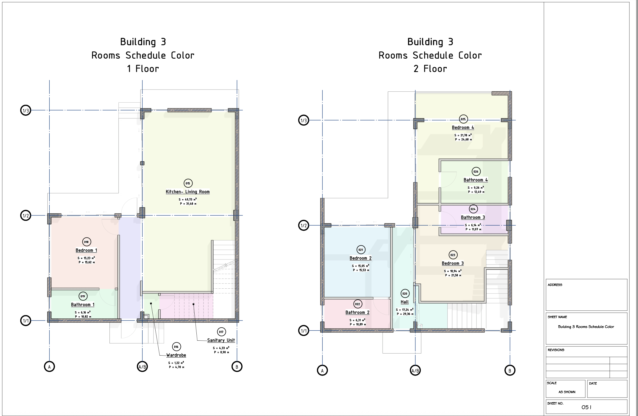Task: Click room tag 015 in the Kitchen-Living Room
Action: [x=188, y=183]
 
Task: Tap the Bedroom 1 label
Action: [x=86, y=251]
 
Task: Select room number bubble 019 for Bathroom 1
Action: [x=83, y=296]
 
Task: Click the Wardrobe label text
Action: [x=176, y=355]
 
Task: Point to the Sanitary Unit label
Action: [x=221, y=340]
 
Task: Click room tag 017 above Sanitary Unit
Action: [x=221, y=332]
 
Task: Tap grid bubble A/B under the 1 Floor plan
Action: [x=142, y=367]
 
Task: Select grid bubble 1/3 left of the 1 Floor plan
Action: [x=26, y=110]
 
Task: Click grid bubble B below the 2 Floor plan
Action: [x=510, y=370]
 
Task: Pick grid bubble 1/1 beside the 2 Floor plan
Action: [x=304, y=331]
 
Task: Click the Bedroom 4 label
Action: [x=463, y=128]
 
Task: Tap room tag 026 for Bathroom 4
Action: [x=476, y=171]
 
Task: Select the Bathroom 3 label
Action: [x=473, y=218]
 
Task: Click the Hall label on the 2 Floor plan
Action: [x=405, y=302]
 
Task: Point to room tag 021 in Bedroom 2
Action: [x=361, y=250]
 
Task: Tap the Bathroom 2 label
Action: [x=357, y=312]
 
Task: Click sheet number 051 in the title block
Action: [x=587, y=407]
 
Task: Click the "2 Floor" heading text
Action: [x=430, y=69]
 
